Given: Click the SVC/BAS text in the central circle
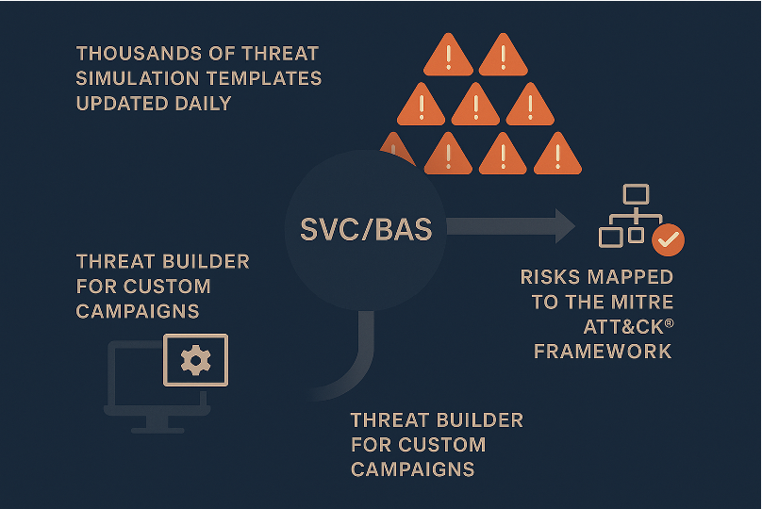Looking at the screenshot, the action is (x=366, y=229).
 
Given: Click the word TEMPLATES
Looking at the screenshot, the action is (x=264, y=78).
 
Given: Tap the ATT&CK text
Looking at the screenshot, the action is (x=623, y=327).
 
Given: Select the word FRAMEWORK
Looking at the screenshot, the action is (x=603, y=352).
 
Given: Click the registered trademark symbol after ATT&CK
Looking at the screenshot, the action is (x=670, y=322).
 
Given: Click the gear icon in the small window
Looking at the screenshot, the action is (x=196, y=360).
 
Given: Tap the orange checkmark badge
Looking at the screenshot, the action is (x=669, y=239).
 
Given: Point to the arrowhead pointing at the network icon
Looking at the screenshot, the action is (x=565, y=226).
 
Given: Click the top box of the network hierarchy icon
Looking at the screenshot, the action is (x=636, y=194).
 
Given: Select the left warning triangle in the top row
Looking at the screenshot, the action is (x=448, y=55).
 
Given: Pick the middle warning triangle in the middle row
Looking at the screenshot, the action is (x=475, y=104).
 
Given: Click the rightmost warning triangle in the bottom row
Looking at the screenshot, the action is (x=557, y=154).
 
